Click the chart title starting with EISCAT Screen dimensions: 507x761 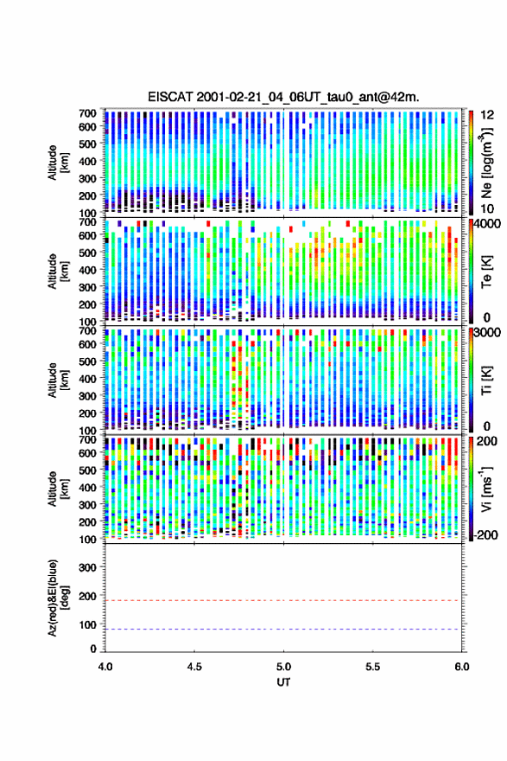tap(283, 97)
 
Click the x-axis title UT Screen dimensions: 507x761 tap(283, 682)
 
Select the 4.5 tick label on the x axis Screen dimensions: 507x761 tap(194, 667)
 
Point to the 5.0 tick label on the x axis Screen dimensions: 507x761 tap(283, 667)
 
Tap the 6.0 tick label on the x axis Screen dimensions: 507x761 tap(462, 667)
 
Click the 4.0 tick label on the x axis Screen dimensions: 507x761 tap(105, 667)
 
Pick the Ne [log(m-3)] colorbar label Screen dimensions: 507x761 tap(486, 163)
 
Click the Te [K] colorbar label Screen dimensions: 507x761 tap(486, 272)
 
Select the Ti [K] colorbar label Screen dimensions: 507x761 tap(486, 380)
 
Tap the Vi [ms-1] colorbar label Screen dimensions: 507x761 tap(486, 489)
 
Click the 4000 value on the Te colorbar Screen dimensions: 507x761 tap(488, 224)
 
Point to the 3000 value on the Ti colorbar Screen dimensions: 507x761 tap(488, 332)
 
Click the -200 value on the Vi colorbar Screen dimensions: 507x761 tap(485, 534)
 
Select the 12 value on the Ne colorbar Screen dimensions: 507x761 tap(488, 115)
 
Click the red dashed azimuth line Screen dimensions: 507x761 tap(282, 600)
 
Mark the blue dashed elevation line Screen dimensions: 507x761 tap(282, 629)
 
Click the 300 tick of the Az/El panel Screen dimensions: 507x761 tap(87, 567)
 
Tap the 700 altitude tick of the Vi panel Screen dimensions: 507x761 tap(87, 439)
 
